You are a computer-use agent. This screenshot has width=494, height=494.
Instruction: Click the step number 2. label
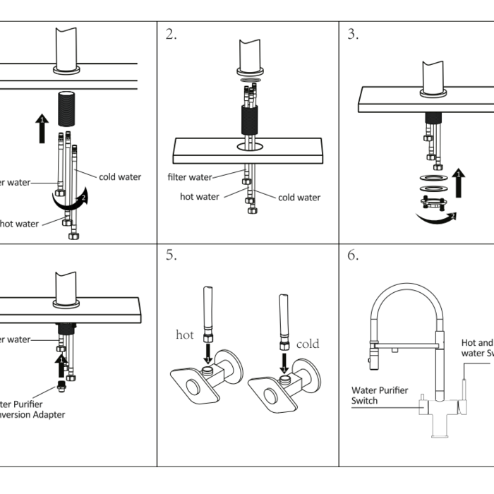click(x=171, y=35)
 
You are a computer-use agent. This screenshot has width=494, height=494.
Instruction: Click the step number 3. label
click(x=353, y=35)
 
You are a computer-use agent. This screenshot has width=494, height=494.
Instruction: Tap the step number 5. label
click(x=171, y=255)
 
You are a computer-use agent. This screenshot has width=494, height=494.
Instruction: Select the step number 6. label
click(x=353, y=255)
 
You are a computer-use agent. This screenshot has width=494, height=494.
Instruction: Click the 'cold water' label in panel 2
click(x=299, y=198)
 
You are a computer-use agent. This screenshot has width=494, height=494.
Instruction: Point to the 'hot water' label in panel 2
click(x=200, y=197)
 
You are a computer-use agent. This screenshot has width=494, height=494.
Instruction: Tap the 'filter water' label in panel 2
click(x=190, y=177)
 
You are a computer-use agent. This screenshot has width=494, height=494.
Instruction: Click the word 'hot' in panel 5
click(x=184, y=335)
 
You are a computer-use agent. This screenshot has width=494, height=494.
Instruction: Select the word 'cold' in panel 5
click(x=308, y=344)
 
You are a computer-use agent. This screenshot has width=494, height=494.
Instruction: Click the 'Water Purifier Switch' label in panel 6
click(x=380, y=395)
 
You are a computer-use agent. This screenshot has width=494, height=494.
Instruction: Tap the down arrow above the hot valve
click(x=207, y=351)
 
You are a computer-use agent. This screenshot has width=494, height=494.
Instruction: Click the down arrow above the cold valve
click(x=284, y=362)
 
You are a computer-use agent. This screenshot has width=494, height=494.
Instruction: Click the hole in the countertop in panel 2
click(x=249, y=146)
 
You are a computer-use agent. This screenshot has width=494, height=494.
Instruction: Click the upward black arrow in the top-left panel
click(x=41, y=128)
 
